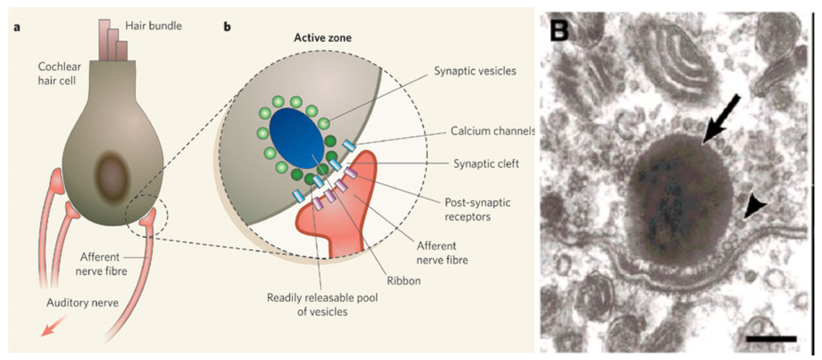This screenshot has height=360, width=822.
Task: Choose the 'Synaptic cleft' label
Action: (x=486, y=164)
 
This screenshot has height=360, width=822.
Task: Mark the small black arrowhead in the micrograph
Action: (x=752, y=211)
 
